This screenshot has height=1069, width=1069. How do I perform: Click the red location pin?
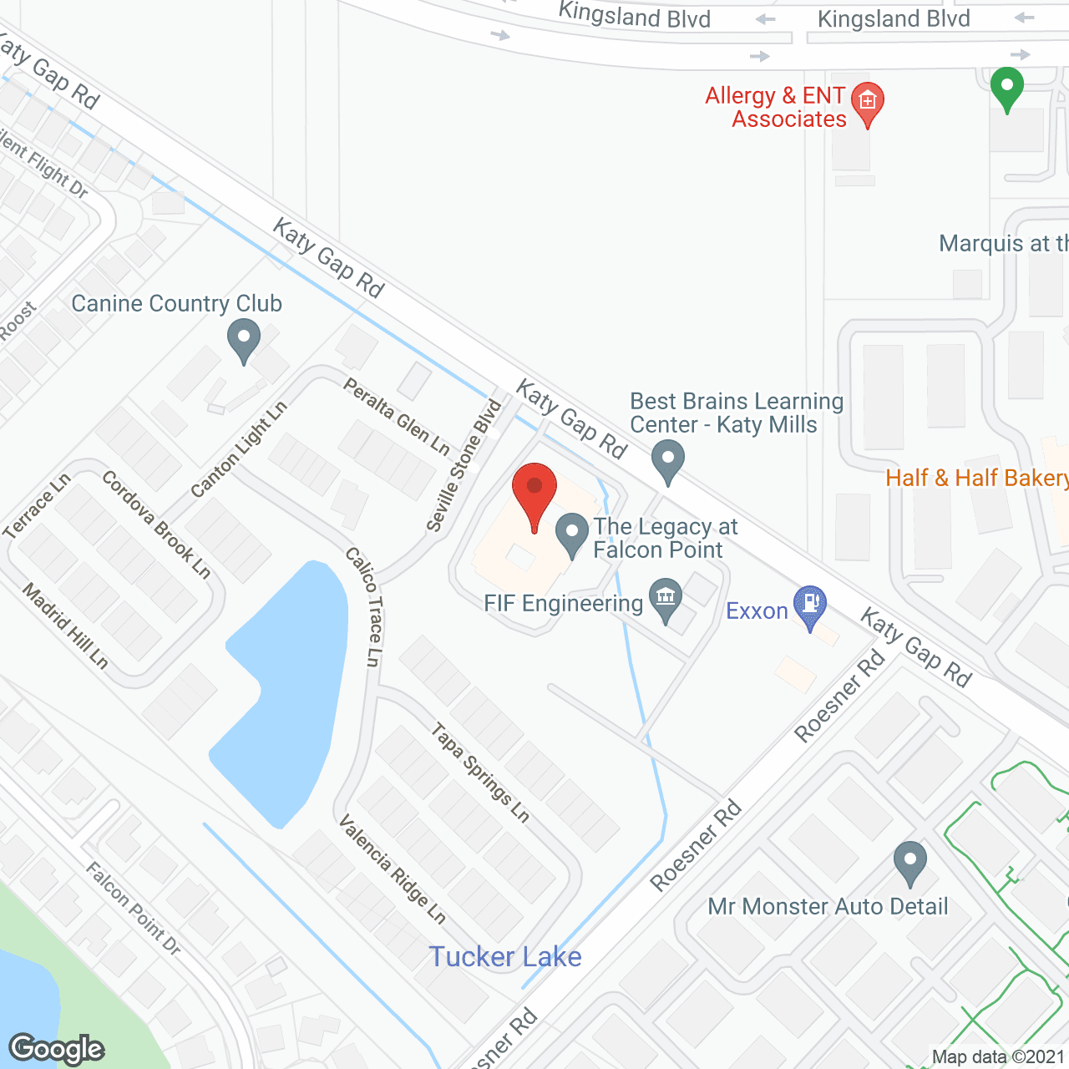534,493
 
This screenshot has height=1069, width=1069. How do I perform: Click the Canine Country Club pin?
244,341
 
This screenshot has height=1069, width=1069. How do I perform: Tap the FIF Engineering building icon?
666,598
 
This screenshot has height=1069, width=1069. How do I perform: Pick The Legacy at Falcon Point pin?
572,532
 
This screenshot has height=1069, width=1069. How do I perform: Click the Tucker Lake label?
504,957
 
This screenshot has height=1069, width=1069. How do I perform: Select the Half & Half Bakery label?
975,478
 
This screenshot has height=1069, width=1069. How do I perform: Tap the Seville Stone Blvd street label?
464,465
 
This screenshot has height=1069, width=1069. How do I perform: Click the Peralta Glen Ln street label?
397,416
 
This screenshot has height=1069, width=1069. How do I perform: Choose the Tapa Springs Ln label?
480,773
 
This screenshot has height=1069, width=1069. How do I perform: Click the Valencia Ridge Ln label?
392,869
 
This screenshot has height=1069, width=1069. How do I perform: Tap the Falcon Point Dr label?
133,909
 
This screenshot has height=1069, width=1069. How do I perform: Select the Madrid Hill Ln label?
65,626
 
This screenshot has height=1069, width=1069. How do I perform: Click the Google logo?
57,1048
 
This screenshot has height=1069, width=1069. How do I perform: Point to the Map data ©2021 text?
998,1057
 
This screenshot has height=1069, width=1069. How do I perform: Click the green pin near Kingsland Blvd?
1007,88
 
